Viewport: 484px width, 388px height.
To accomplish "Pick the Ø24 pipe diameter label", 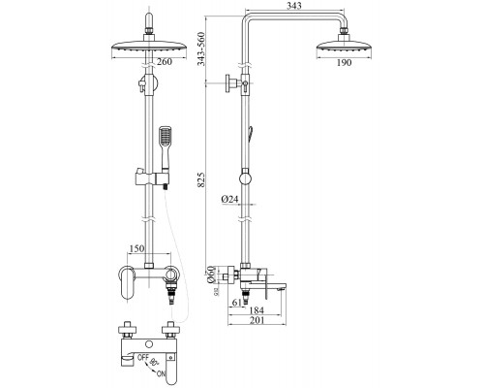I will [x=230, y=200].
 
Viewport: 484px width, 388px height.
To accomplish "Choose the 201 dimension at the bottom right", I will [x=257, y=322].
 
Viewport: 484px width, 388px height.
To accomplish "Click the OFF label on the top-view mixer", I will [x=140, y=358].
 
